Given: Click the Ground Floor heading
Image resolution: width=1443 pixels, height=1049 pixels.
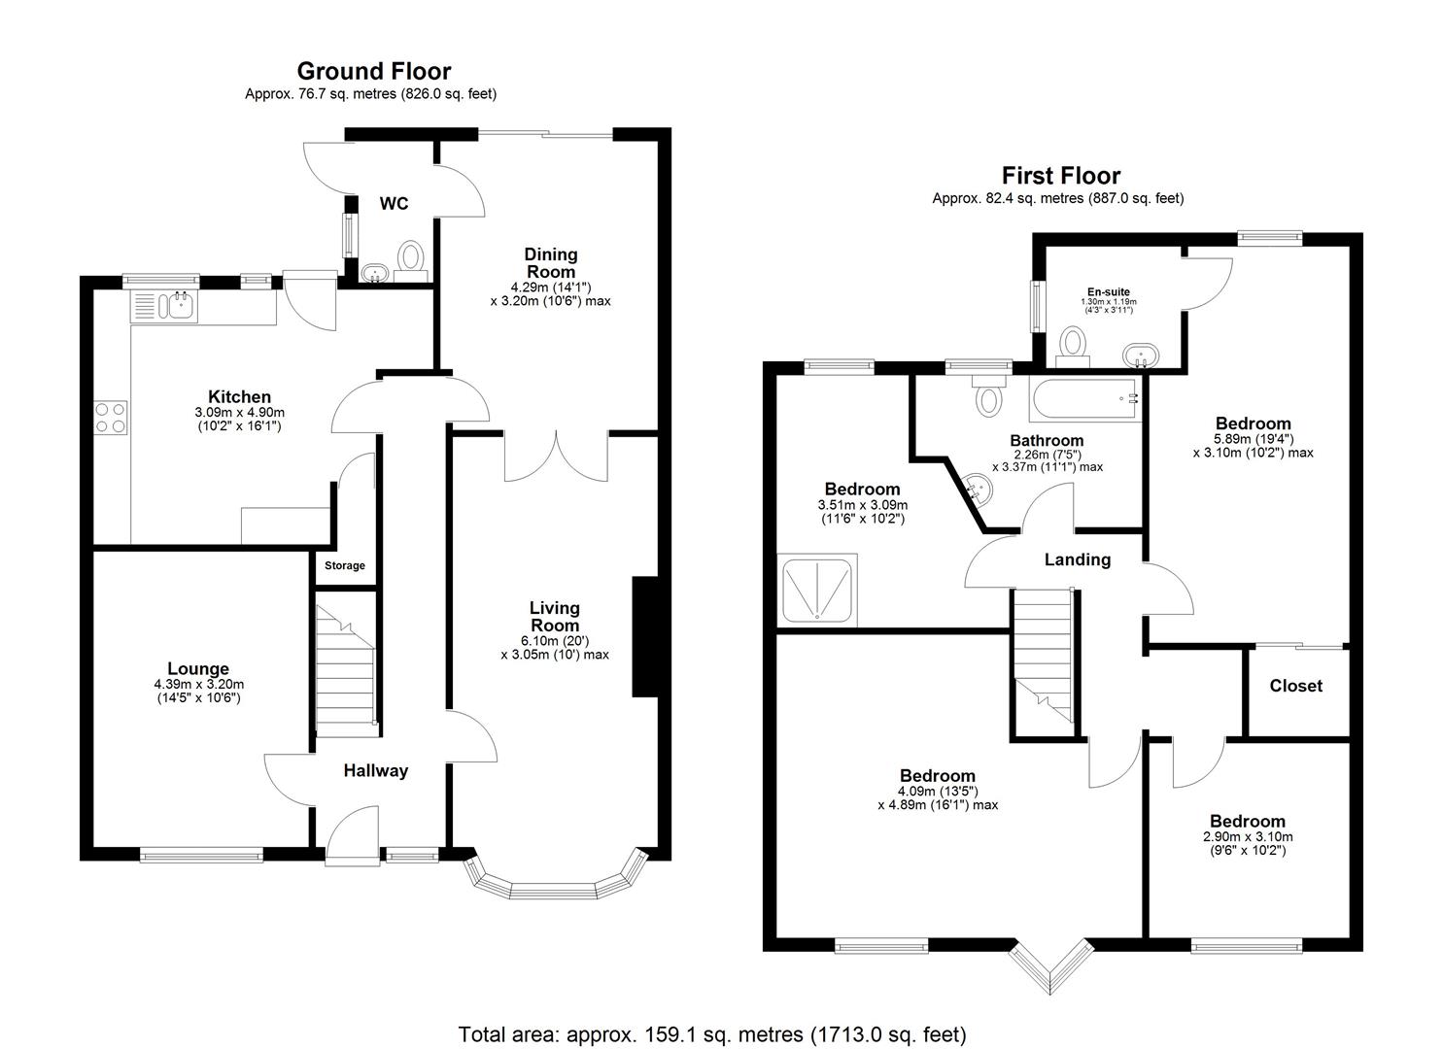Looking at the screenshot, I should point(373,71).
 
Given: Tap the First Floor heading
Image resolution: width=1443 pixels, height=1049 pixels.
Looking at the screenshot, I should point(1060,176).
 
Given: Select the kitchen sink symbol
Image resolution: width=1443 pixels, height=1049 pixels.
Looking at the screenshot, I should point(180,306).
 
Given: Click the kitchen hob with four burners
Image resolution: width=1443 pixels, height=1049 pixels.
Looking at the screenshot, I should point(110,418).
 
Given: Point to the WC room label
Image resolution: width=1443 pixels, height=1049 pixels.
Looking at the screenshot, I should point(394,204).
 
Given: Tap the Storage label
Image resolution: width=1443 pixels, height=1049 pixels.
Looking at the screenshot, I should point(345,565).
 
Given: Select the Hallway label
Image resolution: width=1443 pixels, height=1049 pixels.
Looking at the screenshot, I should point(376,771).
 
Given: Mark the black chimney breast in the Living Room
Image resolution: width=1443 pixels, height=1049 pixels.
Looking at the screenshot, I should point(644,637).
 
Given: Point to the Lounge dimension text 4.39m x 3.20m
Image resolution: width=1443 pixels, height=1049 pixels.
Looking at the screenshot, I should point(198,685).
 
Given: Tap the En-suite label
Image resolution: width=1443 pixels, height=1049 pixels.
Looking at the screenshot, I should point(1108,291).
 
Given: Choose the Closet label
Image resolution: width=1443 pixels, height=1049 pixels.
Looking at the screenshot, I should point(1295,686).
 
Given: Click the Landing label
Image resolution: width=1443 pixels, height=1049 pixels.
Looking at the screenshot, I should point(1077,559).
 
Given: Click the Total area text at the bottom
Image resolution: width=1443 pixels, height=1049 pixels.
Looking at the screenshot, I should point(711,1033).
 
